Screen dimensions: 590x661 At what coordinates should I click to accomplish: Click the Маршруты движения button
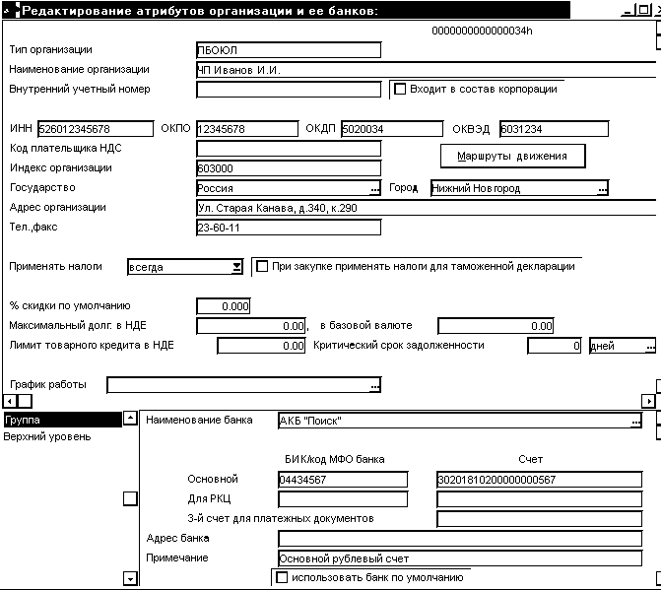[512, 156]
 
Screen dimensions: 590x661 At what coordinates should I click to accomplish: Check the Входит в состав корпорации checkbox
[400, 89]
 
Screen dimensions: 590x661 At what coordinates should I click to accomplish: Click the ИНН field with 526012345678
[96, 129]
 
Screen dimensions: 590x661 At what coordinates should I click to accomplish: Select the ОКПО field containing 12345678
[246, 129]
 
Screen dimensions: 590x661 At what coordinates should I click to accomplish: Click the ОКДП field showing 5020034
[391, 129]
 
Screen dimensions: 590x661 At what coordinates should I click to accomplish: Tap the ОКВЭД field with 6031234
[553, 129]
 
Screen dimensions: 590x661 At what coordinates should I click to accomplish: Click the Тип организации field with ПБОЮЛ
[288, 50]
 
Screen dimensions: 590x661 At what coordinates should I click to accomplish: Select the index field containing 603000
[288, 168]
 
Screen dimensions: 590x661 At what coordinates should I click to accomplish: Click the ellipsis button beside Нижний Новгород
[602, 188]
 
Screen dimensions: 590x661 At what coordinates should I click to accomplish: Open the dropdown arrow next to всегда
[236, 267]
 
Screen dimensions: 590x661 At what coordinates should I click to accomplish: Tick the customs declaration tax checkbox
[262, 266]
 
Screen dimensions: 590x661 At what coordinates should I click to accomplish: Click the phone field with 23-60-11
[288, 228]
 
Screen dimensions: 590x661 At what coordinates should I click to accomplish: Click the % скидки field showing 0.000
[224, 306]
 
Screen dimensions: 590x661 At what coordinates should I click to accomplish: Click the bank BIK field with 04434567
[342, 480]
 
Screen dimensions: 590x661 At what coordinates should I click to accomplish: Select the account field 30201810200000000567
[545, 480]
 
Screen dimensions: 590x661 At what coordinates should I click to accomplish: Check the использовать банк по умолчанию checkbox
[283, 578]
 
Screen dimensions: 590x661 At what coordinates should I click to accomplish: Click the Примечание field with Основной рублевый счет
[467, 558]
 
